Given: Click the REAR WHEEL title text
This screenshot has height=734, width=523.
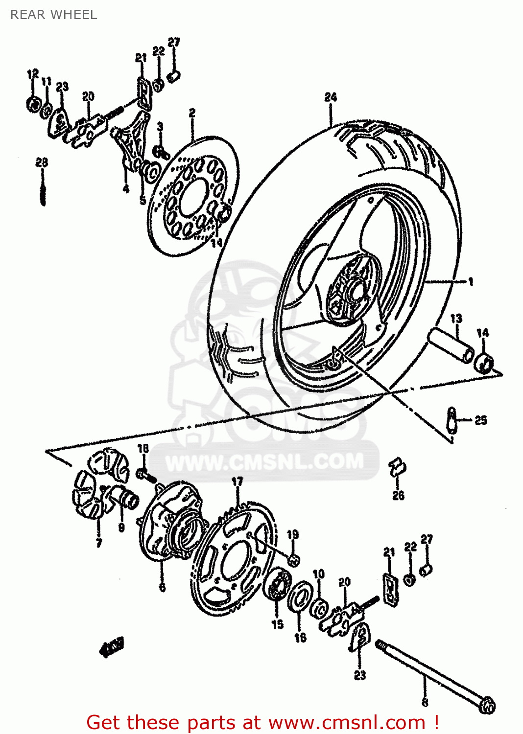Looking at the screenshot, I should click(54, 15).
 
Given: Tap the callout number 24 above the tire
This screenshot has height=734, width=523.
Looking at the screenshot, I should click(331, 97).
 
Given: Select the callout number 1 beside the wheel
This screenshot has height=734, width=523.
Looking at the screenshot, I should click(470, 281).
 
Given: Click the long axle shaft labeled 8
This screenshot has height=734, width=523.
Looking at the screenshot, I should click(431, 675).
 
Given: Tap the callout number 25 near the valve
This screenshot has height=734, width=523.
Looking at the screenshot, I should click(481, 420).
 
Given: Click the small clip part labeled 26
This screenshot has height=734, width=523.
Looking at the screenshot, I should click(398, 468).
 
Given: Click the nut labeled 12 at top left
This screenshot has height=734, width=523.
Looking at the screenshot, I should click(33, 104).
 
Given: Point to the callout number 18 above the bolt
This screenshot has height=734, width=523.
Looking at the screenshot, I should click(143, 448).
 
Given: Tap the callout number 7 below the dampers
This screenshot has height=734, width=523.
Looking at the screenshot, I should click(99, 542).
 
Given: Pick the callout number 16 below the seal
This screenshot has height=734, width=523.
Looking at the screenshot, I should click(300, 637).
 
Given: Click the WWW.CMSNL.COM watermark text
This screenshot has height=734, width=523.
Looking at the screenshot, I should click(264, 461).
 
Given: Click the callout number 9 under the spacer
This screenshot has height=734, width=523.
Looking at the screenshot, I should click(121, 528).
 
